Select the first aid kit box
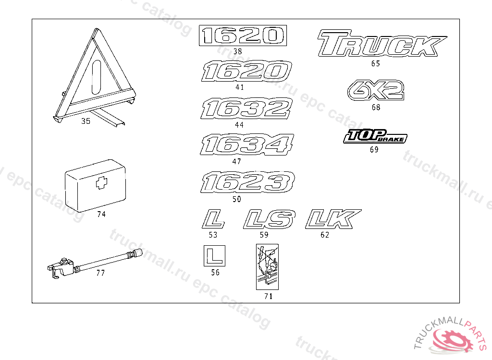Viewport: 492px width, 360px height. (x=95, y=185)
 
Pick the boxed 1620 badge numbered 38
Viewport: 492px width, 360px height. (x=243, y=36)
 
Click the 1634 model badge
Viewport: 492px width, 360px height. (x=246, y=145)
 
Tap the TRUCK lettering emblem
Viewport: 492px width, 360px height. (x=381, y=44)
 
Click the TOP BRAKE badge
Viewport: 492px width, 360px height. (x=375, y=137)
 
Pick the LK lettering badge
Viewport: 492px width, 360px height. (x=332, y=219)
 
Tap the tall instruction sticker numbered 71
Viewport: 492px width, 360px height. (x=268, y=266)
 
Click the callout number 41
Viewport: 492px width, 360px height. (x=240, y=87)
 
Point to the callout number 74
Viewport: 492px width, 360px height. (x=101, y=215)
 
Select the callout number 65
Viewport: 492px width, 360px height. (x=376, y=63)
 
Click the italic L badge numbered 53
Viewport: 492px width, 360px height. (x=213, y=219)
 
